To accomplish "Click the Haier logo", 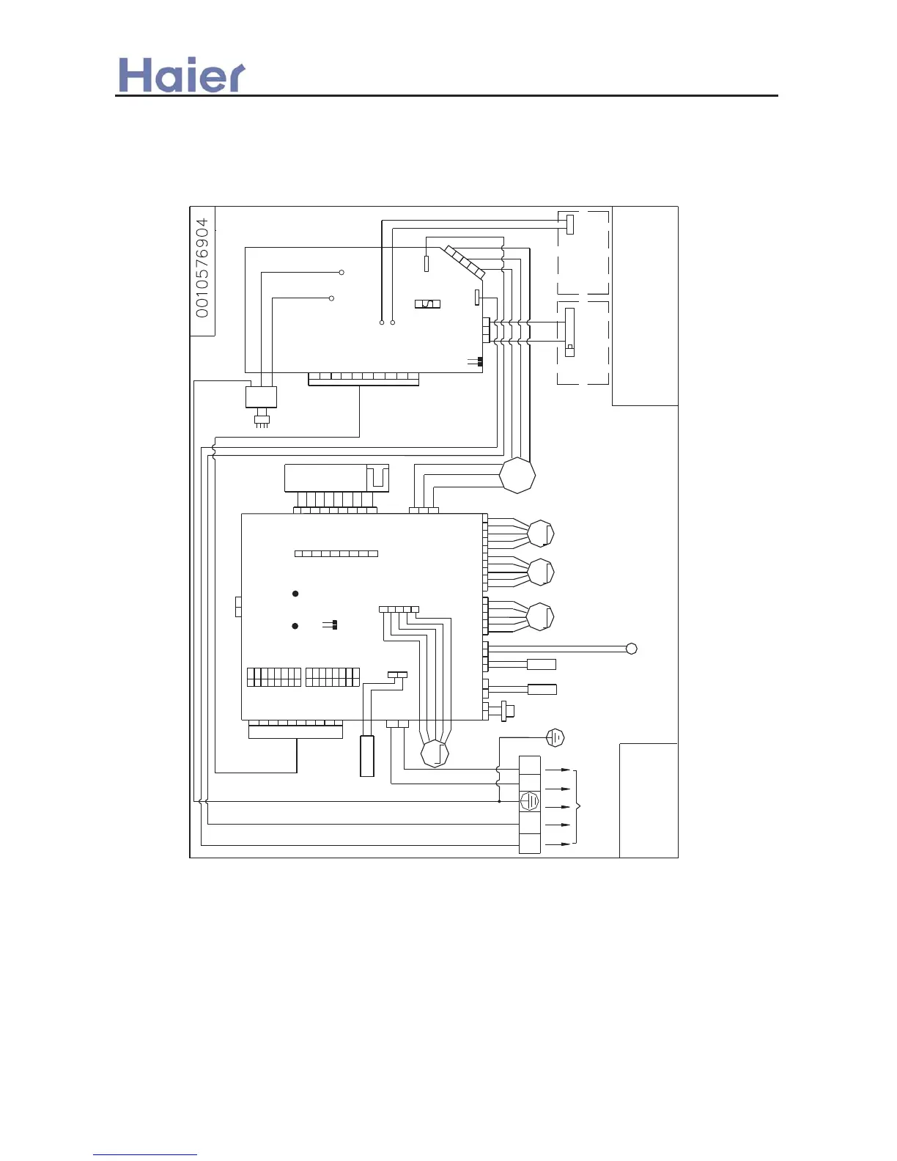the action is [x=182, y=75].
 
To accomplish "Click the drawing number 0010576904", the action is [x=202, y=268].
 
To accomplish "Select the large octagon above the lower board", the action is [x=517, y=476].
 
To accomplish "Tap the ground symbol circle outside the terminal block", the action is [x=555, y=737].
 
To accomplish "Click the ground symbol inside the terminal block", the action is [x=529, y=800].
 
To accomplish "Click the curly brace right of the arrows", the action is [x=577, y=807].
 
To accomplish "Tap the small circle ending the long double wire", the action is [x=632, y=649].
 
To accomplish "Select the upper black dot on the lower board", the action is [x=295, y=594].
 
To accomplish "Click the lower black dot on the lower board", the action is [x=295, y=626].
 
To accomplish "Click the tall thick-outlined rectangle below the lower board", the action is [x=367, y=756].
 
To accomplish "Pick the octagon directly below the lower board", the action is [x=435, y=753].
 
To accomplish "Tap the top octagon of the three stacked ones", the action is [x=541, y=534].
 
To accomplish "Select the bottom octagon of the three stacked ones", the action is [x=541, y=616].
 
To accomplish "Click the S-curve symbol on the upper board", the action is [x=428, y=303].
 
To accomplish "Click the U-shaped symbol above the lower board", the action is [x=377, y=477].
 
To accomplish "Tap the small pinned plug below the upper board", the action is [x=262, y=421].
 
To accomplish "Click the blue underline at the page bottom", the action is [x=145, y=1155].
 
